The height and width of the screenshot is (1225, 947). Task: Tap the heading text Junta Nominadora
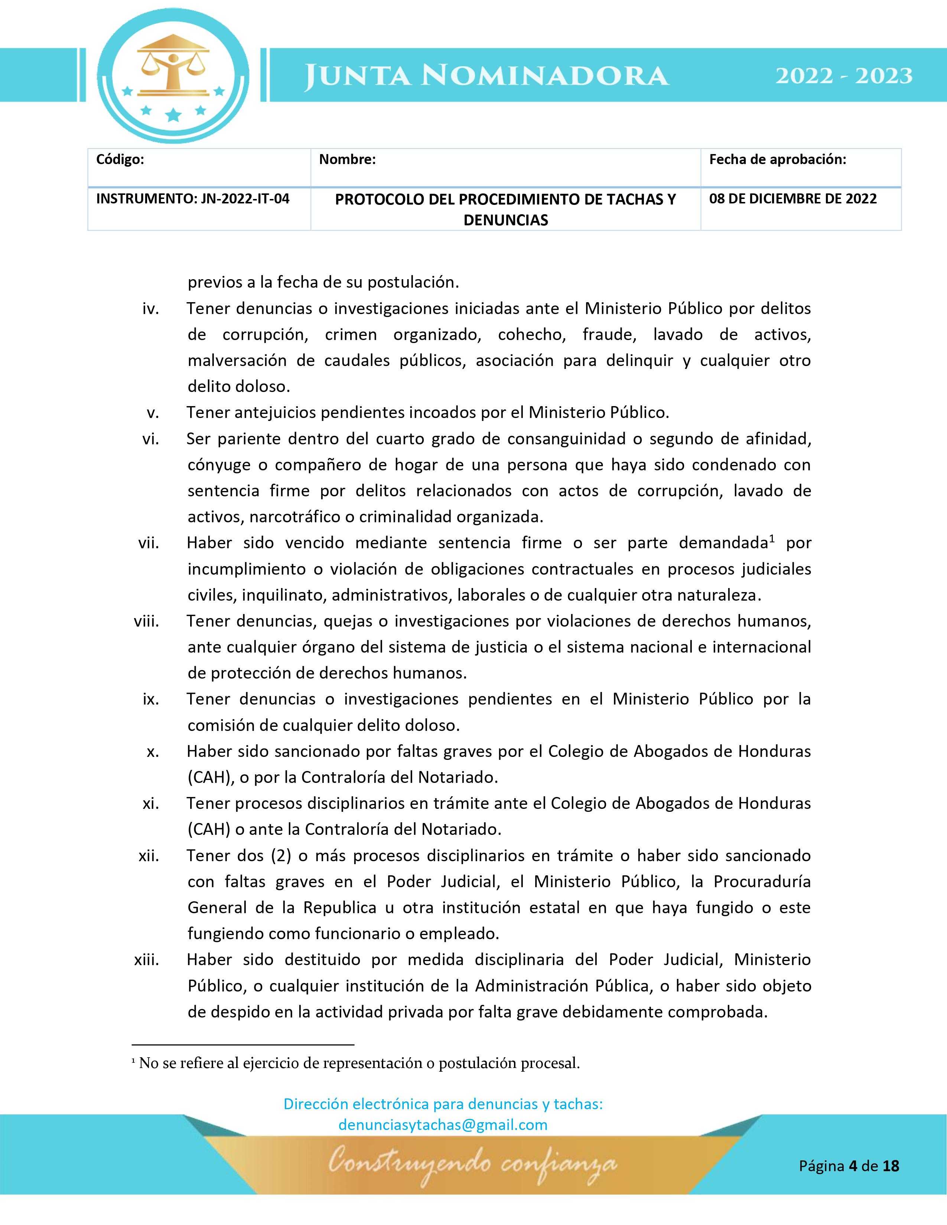coord(486,76)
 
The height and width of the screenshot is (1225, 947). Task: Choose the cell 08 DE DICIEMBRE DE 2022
coord(793,199)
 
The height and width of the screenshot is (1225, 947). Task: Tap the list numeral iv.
coord(150,308)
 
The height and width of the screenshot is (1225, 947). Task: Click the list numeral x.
coord(153,752)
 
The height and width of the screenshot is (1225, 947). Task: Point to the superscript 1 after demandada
coord(772,539)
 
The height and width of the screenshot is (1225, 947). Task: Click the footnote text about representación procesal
coord(359,1063)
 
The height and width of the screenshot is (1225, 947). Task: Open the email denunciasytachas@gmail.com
coord(443,1125)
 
